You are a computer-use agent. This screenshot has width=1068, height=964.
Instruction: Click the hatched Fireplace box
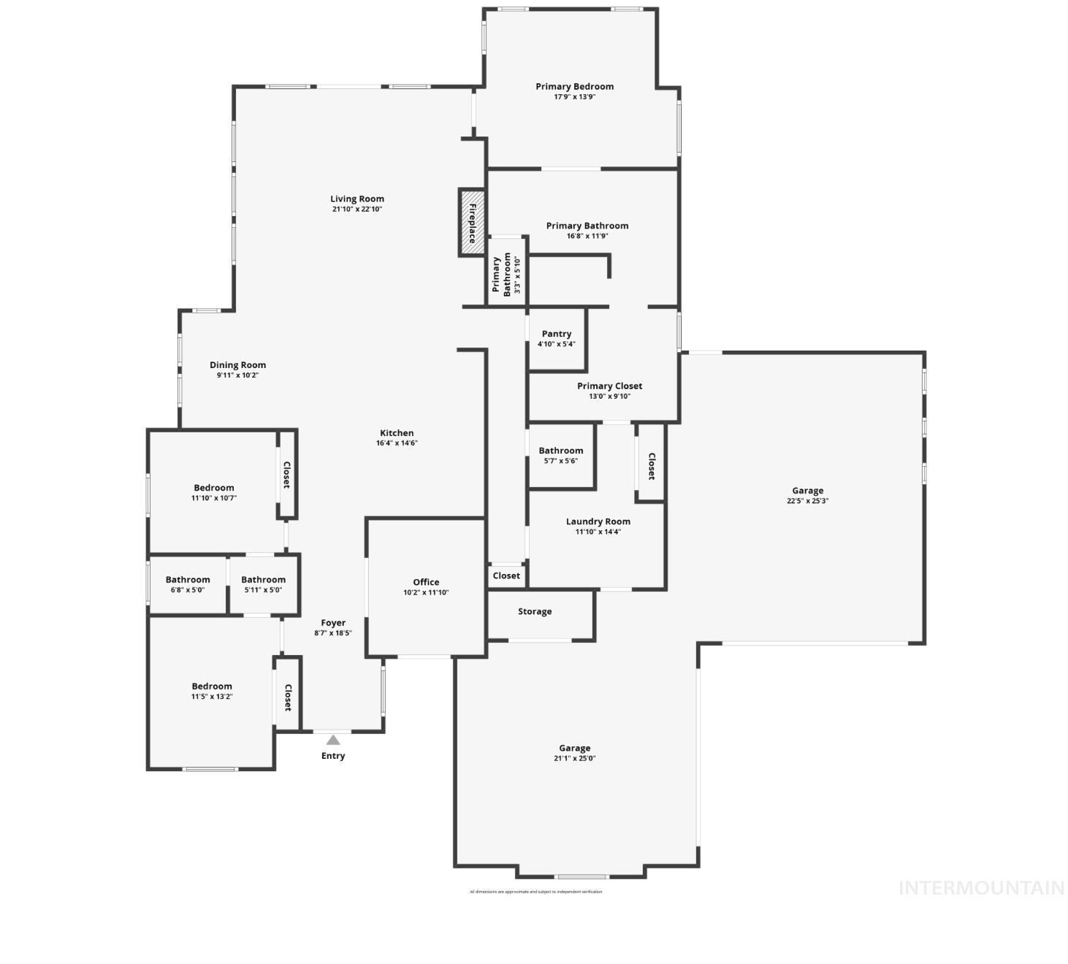pyautogui.click(x=472, y=223)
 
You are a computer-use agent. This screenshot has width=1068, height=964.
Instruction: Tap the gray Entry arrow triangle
pyautogui.click(x=333, y=740)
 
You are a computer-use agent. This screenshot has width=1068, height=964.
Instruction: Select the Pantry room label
pyautogui.click(x=557, y=334)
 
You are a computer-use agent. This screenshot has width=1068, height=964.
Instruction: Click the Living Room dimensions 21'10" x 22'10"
pyautogui.click(x=357, y=209)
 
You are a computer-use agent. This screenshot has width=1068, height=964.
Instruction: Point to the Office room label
pyautogui.click(x=426, y=582)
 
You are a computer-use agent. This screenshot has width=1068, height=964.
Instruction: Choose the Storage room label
pyautogui.click(x=535, y=611)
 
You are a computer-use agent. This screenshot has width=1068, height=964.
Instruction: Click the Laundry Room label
pyautogui.click(x=598, y=521)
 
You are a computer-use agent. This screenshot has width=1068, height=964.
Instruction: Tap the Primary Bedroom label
pyautogui.click(x=574, y=86)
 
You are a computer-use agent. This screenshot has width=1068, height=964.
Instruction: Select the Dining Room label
pyautogui.click(x=237, y=365)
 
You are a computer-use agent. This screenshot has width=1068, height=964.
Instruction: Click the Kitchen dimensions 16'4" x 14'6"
pyautogui.click(x=397, y=443)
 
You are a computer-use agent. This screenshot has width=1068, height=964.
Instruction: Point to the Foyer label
pyautogui.click(x=333, y=623)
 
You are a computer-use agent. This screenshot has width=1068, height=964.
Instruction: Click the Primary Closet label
pyautogui.click(x=609, y=386)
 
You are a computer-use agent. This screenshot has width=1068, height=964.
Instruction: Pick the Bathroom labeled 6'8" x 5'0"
pyautogui.click(x=188, y=580)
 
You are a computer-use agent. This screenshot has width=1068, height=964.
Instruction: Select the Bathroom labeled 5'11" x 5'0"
pyautogui.click(x=263, y=580)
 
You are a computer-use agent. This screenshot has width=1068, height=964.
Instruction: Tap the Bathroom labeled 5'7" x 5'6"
pyautogui.click(x=561, y=451)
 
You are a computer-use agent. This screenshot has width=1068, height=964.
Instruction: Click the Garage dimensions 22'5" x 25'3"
pyautogui.click(x=807, y=501)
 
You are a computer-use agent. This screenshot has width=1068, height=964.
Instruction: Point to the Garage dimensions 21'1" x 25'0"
pyautogui.click(x=574, y=758)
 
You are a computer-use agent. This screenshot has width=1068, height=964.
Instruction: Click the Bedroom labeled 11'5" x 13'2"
pyautogui.click(x=212, y=686)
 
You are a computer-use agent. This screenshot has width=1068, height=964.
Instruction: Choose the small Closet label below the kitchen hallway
pyautogui.click(x=506, y=575)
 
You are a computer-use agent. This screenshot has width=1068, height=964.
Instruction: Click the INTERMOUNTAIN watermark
pyautogui.click(x=981, y=888)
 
